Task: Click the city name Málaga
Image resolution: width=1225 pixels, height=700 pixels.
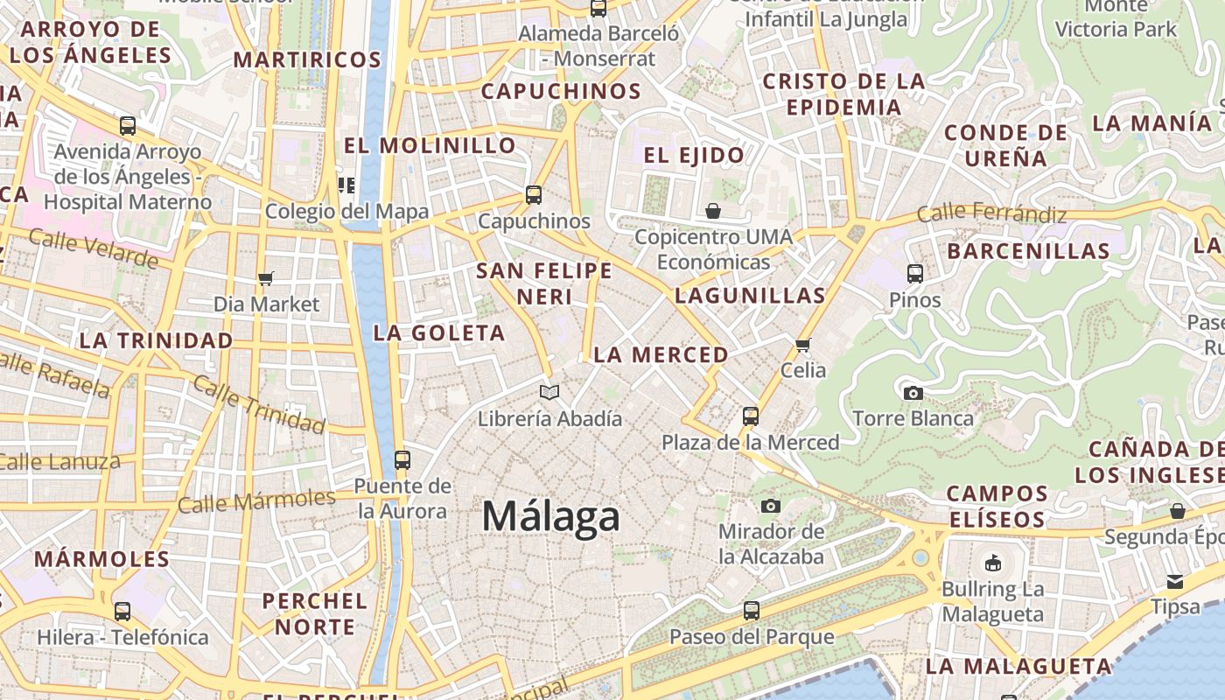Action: coord(550,516)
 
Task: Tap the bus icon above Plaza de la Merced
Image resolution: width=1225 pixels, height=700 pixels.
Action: coord(750,416)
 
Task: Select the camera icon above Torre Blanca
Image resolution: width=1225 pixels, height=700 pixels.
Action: coord(913,393)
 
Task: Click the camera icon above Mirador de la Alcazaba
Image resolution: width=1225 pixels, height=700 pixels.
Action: coord(770,506)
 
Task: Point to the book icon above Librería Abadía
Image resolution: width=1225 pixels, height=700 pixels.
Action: coord(549,393)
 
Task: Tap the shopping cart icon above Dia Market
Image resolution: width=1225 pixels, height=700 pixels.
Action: coord(266,278)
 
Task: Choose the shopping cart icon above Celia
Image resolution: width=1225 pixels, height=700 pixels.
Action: coord(803,345)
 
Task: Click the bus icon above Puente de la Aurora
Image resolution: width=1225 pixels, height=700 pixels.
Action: coord(402,459)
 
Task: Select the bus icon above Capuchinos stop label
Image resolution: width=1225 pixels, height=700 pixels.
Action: coord(534,195)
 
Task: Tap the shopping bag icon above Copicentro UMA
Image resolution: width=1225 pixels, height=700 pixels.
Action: coord(713,211)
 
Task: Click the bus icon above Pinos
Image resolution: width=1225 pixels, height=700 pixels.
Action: coord(915,274)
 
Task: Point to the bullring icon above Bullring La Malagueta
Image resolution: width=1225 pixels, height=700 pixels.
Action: coord(992,563)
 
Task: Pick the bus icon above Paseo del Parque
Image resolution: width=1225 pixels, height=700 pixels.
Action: coord(751,611)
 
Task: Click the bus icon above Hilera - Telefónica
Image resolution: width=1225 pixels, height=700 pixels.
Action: coord(122,612)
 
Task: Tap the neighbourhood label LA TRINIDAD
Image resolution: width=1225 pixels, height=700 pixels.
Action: coord(157,340)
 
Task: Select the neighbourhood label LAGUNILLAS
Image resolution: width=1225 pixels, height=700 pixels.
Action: coord(750,296)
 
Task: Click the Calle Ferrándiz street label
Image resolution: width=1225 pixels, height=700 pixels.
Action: coord(991,213)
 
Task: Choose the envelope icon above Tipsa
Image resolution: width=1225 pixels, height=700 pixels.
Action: coord(1174,582)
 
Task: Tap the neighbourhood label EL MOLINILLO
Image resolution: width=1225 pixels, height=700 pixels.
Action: coord(430,145)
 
